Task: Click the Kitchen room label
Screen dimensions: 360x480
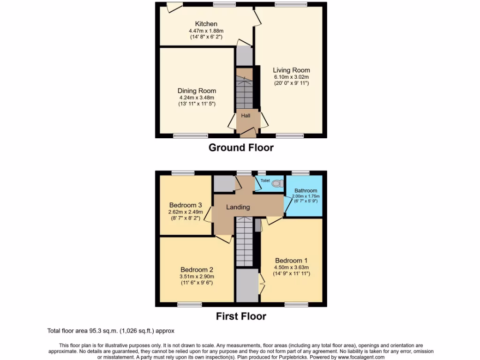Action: [x=206, y=24]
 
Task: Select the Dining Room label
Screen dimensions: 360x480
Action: [x=196, y=91]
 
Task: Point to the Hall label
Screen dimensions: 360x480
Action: [x=246, y=115]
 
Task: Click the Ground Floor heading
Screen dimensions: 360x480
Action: [x=241, y=148]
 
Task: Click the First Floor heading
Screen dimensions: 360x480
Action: [x=241, y=316]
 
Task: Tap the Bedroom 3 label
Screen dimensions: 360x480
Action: [x=186, y=205]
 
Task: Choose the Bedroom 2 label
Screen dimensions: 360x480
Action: [x=197, y=270]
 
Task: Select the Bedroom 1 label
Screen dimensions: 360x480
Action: [x=292, y=261]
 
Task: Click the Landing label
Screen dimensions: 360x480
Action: [x=238, y=207]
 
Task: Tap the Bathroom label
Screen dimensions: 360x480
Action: [x=305, y=191]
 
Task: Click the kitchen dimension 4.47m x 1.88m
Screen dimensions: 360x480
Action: [x=206, y=31]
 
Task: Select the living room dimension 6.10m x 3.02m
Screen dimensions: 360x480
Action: [x=292, y=77]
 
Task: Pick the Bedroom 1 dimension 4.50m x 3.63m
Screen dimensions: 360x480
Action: [x=292, y=268]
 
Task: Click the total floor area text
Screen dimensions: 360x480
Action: [x=111, y=331]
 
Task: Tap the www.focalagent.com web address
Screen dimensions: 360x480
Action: [x=358, y=357]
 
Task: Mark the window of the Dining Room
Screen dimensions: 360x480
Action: [x=190, y=136]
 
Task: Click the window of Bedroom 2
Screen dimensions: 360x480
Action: [x=190, y=305]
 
